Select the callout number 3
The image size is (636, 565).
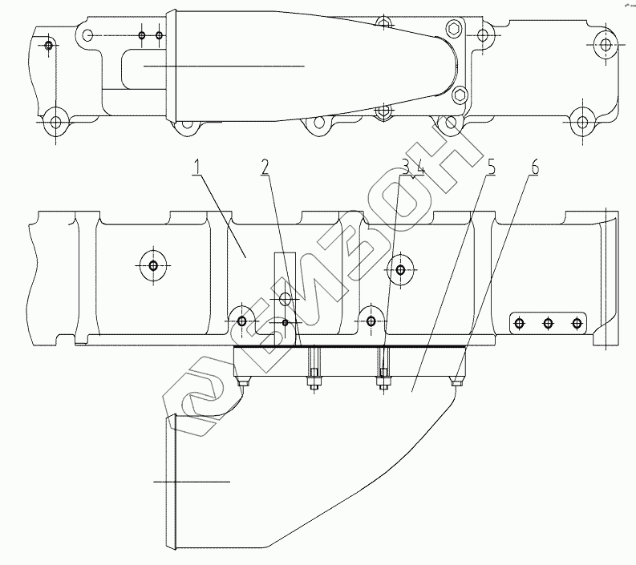click(406, 167)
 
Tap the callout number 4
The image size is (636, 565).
click(418, 167)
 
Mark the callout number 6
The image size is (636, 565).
click(534, 167)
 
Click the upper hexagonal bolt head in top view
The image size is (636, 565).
click(453, 30)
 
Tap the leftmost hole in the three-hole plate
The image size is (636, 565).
click(520, 323)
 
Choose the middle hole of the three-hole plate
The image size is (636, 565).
click(548, 323)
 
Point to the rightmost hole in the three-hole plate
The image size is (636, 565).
click(576, 323)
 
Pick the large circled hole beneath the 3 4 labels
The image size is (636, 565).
click(399, 268)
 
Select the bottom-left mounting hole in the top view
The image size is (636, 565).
click(55, 123)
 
